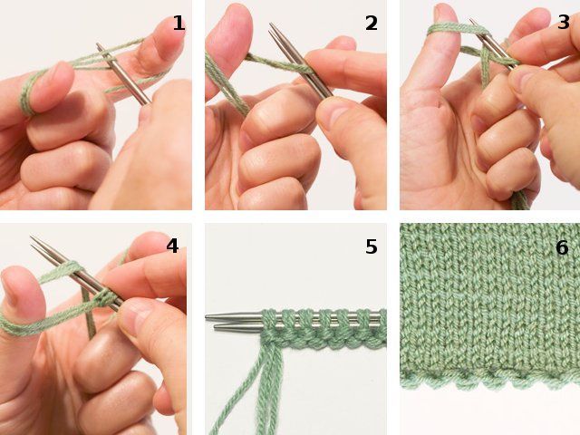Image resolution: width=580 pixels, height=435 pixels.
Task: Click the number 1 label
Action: tap(179, 24)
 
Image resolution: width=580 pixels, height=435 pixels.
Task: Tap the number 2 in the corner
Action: tap(372, 24)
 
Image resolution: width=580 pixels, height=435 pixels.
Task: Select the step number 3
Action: tap(564, 23)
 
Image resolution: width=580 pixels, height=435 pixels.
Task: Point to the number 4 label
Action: tap(172, 246)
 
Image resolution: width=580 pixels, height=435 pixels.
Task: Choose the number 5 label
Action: tap(372, 246)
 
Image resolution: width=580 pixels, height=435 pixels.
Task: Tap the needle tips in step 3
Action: tap(478, 24)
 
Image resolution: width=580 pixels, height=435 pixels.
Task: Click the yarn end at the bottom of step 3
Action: tap(519, 199)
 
